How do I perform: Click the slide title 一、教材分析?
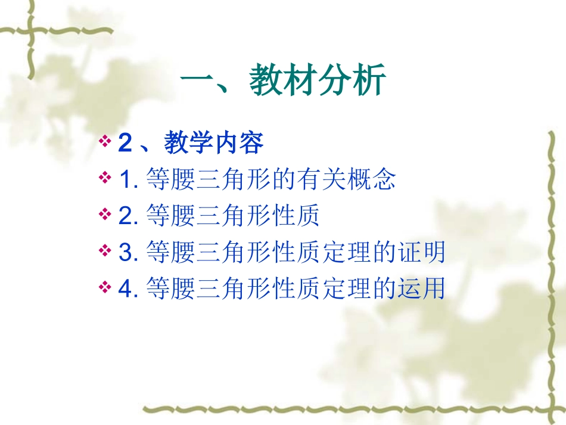(x=283, y=82)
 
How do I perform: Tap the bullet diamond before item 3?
(x=105, y=251)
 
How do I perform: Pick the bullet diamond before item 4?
(x=105, y=288)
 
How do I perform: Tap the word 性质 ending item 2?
(x=300, y=216)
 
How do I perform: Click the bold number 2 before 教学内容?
(x=125, y=143)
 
